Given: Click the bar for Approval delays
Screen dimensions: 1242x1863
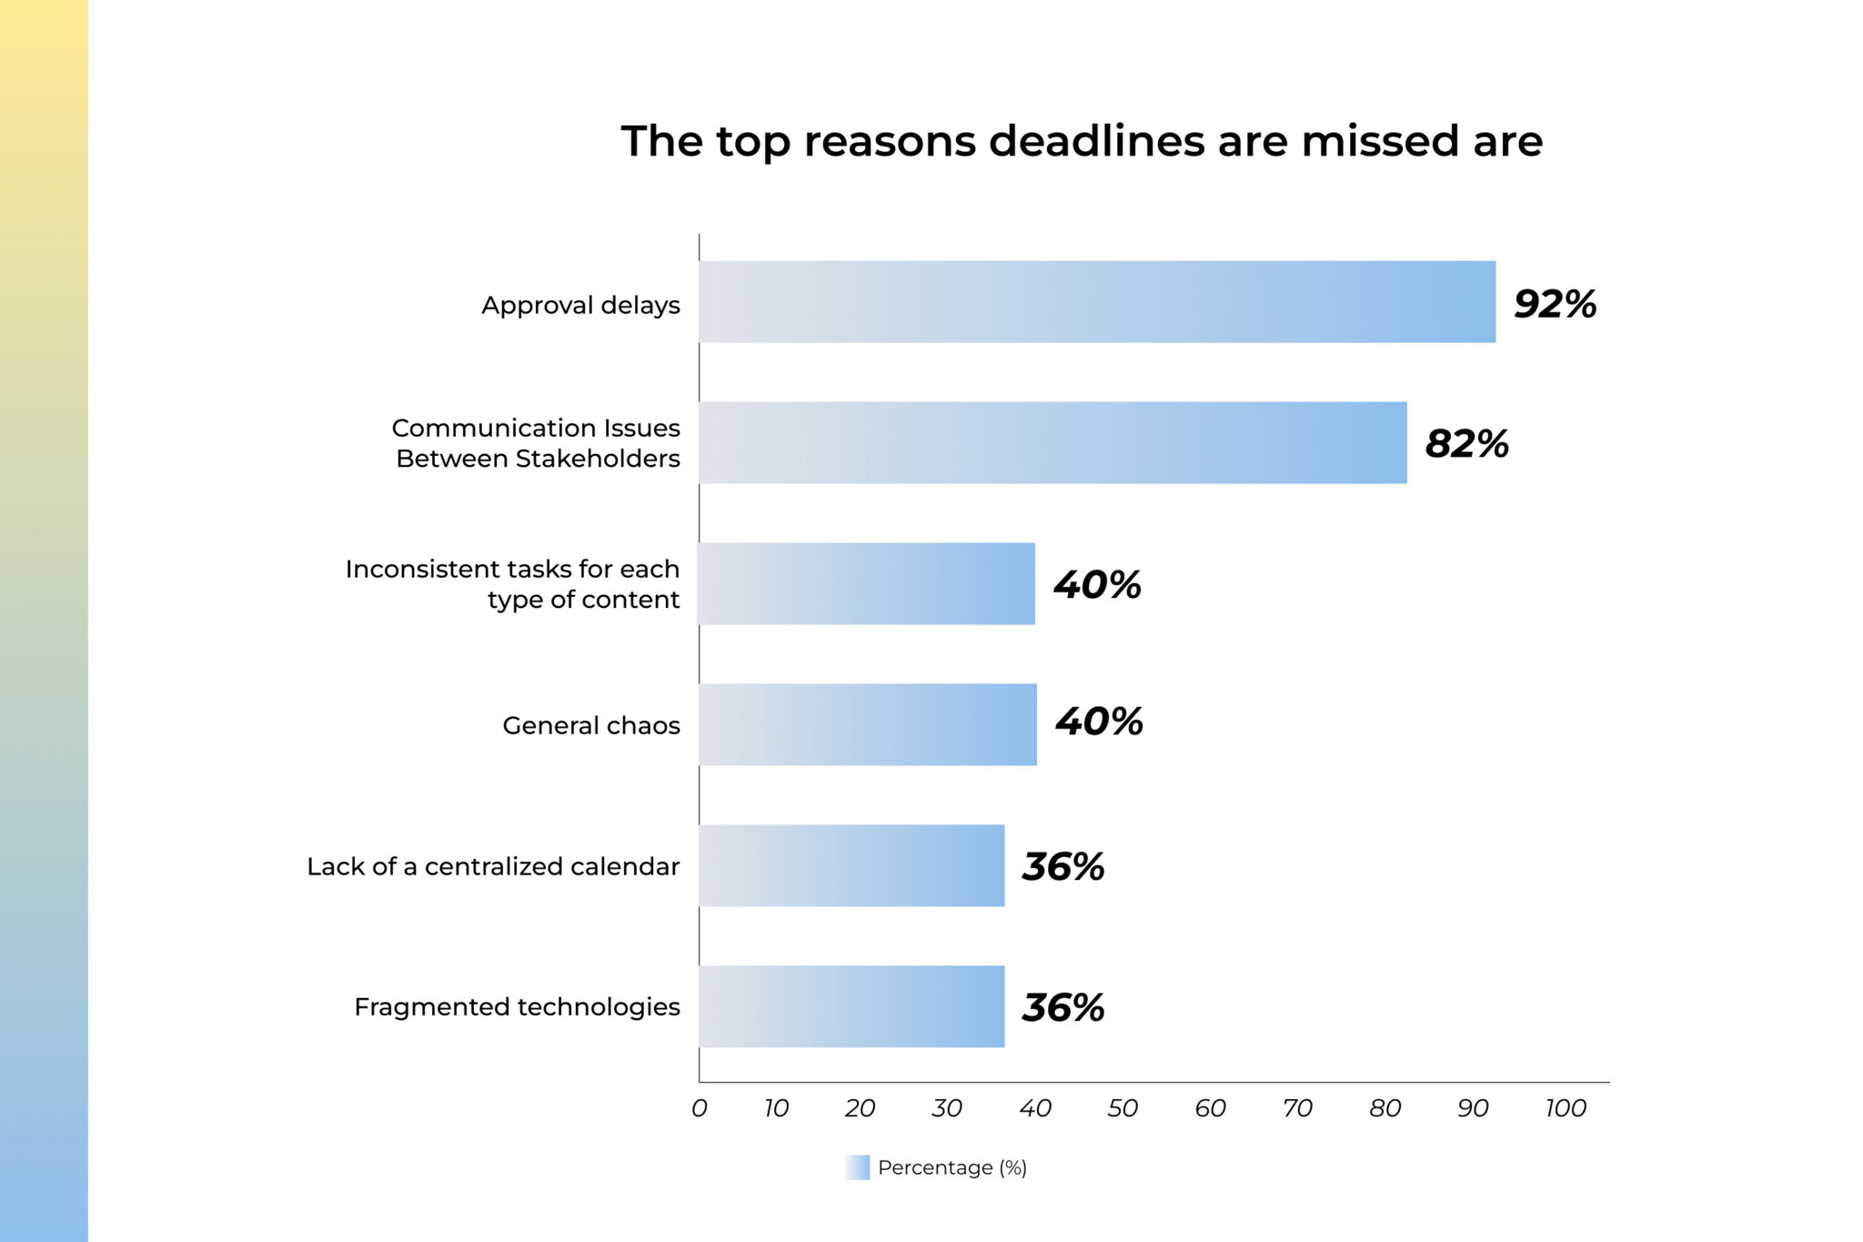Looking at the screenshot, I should coord(1096,302).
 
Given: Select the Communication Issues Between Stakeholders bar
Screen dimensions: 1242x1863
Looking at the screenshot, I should coord(1052,442).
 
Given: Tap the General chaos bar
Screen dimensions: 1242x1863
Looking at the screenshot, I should coord(867,724).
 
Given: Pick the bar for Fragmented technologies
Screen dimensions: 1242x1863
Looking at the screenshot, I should coord(851,1006).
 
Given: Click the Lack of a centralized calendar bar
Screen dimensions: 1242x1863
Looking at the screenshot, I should coord(851,865).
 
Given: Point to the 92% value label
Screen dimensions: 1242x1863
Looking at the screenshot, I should coord(1555,304).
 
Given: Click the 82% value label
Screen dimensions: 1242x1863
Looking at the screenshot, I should coord(1466,444).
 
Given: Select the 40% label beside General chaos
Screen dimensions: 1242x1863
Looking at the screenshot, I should coord(1099,722).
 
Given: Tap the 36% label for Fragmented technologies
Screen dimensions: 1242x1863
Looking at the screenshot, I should coord(1062,1007).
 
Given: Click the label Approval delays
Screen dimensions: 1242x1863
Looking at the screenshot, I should coord(580,305).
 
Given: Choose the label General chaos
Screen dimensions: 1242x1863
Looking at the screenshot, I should coord(591,725).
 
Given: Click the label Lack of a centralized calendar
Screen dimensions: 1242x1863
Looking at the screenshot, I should coord(493,866).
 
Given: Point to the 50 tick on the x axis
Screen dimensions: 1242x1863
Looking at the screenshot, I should coord(1123,1108).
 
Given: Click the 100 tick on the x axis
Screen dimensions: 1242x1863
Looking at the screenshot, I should coord(1565,1108).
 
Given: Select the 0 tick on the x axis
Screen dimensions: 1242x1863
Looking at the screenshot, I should coord(699,1108).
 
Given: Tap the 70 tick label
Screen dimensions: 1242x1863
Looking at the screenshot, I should coord(1297,1108).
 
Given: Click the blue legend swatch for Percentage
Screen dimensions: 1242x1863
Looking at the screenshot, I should coord(857,1167).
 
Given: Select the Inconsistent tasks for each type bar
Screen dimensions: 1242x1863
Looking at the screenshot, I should coord(866,583).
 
